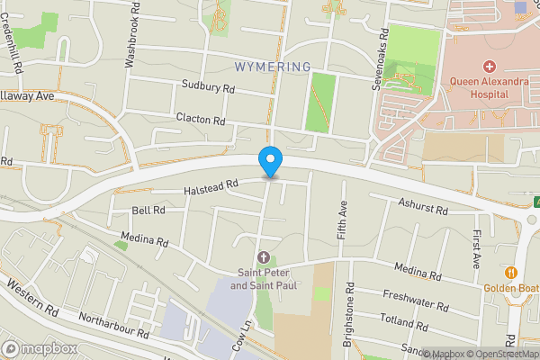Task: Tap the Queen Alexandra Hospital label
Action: [x=490, y=88]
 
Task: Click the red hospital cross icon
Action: [x=490, y=67]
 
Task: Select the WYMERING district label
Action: [x=272, y=67]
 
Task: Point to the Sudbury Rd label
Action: [x=209, y=89]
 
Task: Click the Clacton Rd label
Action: [x=199, y=120]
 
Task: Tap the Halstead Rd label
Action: [x=211, y=184]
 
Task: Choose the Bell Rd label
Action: [x=148, y=210]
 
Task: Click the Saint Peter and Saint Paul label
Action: [x=263, y=280]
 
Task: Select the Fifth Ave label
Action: [x=343, y=220]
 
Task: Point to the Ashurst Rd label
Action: [x=423, y=208]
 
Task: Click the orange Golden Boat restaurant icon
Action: [x=511, y=272]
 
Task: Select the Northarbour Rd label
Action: [x=113, y=319]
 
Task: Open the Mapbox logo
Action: [x=39, y=348]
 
